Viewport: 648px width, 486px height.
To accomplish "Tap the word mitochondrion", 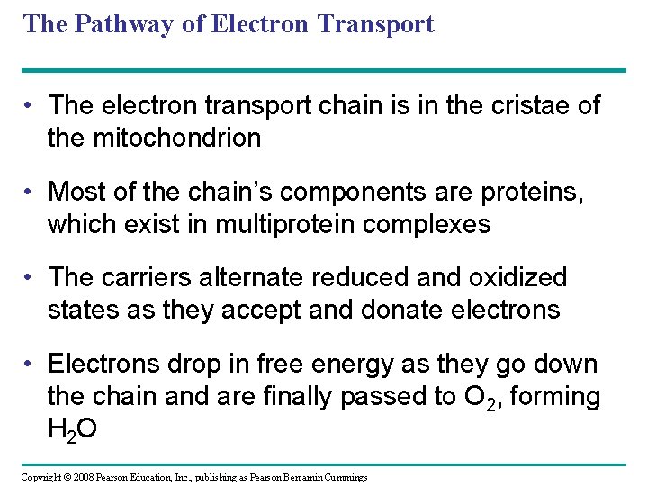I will pos(175,138).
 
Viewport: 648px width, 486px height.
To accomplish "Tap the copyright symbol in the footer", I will pos(67,476).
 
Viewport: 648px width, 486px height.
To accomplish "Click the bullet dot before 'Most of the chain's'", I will pos(30,192).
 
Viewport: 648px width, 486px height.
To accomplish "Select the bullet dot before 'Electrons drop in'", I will pos(30,364).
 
